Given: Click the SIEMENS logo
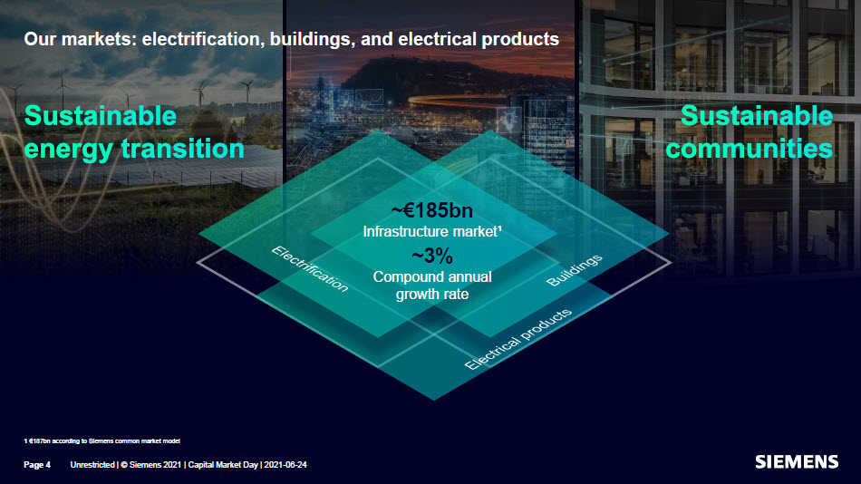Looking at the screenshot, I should click(x=797, y=462).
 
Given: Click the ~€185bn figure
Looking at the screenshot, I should click(x=431, y=211).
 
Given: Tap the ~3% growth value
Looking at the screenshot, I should click(x=431, y=256).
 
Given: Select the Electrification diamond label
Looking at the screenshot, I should click(x=310, y=267).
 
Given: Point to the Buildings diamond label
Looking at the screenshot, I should click(x=575, y=271).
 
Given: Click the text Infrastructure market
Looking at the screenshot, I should click(x=431, y=232).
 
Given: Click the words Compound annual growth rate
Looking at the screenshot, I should click(x=431, y=286).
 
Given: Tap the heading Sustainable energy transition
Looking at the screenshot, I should click(x=134, y=132).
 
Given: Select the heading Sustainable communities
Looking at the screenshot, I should click(x=749, y=131).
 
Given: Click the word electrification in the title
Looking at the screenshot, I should click(x=202, y=40).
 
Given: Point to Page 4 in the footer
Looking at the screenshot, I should click(x=37, y=465).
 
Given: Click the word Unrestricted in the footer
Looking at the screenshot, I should click(x=92, y=465).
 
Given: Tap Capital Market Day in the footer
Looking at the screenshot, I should click(x=222, y=465).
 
